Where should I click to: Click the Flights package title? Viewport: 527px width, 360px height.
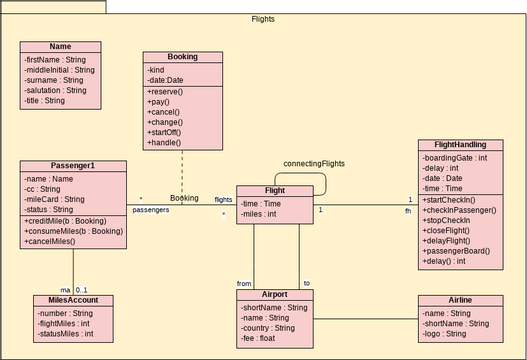pos(263,19)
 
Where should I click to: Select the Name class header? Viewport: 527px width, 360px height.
pos(60,47)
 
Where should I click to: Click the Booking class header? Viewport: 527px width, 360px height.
pos(182,57)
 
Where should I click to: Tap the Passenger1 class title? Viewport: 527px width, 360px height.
pos(72,166)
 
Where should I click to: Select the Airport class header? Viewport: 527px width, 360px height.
pos(275,295)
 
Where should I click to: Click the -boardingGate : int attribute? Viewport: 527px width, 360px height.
pos(455,158)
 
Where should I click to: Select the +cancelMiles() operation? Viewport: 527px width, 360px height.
pos(52,242)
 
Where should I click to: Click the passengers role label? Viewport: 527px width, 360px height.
pos(151,211)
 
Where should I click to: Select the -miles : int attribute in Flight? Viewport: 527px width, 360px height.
pos(258,214)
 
